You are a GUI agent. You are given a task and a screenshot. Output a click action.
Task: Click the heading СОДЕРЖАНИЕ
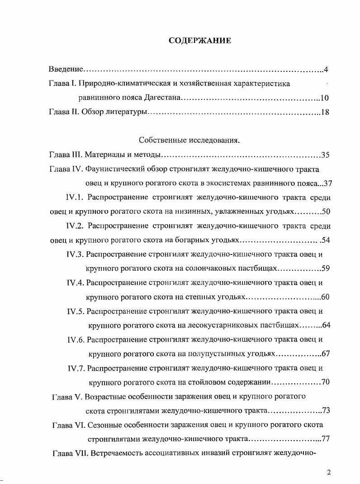coord(200,41)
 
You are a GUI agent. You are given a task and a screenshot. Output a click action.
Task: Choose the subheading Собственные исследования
coord(189,141)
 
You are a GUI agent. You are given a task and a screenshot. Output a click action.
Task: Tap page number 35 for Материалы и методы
coord(325,155)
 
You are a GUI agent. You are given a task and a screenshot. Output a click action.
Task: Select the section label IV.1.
coord(75,197)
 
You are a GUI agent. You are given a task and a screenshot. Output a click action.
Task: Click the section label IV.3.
coord(75,254)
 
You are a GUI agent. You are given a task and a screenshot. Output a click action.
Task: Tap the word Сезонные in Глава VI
coord(107,425)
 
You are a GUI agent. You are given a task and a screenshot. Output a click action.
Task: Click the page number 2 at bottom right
coord(329,473)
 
